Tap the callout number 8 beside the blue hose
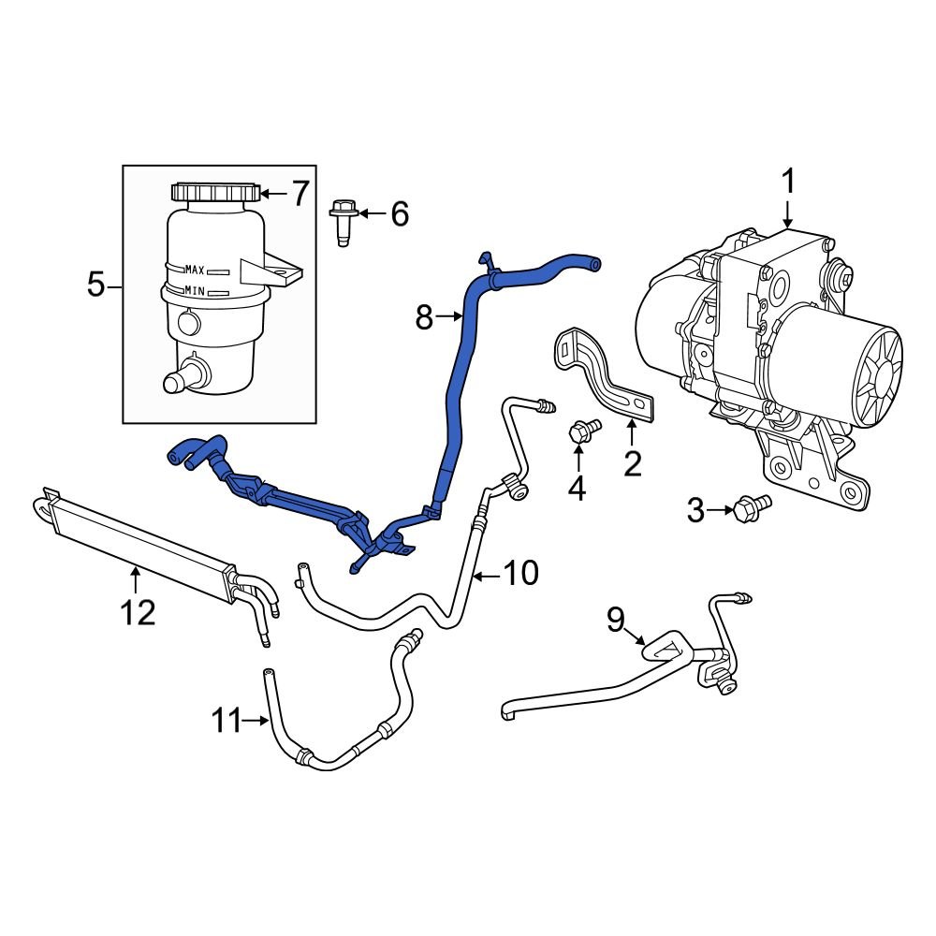click(424, 319)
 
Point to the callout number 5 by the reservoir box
click(96, 284)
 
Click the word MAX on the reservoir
click(195, 270)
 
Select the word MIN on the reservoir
click(195, 290)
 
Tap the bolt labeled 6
click(341, 217)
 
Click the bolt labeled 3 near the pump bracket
click(752, 507)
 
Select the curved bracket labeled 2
click(604, 374)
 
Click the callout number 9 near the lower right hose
click(615, 619)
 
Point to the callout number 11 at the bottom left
click(226, 721)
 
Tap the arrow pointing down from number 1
click(787, 212)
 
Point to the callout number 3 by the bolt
click(695, 510)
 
